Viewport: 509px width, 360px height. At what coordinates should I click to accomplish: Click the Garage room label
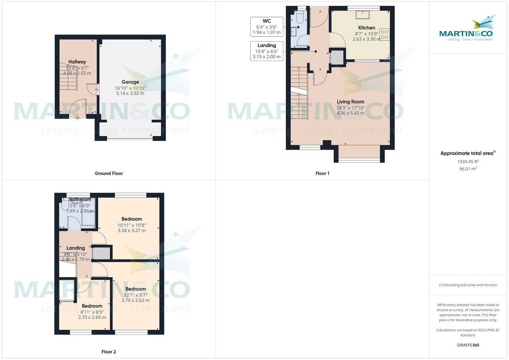130,82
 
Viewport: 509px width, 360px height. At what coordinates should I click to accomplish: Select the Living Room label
350,102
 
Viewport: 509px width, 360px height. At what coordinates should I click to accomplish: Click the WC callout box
266,26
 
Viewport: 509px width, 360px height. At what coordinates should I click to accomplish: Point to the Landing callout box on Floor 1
266,50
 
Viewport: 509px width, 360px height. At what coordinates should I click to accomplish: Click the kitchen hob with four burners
385,34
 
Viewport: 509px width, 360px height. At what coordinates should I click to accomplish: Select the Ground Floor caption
109,173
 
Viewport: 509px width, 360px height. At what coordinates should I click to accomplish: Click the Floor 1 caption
322,173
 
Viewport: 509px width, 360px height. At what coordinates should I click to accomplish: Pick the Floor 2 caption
109,352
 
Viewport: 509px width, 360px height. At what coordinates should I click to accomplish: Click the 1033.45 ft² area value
468,162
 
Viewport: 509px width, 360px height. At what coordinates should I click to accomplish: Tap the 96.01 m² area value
468,169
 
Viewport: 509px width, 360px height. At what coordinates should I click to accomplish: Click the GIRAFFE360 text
468,345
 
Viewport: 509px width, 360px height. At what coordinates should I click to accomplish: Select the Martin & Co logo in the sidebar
468,30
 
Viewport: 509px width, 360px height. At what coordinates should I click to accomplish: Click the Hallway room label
77,62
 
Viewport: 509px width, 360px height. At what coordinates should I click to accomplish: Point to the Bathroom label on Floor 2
80,200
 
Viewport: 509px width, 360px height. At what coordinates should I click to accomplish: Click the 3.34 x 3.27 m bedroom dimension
131,231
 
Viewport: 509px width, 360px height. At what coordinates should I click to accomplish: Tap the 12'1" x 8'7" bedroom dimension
135,295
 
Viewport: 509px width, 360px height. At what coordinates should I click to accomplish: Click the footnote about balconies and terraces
468,285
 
